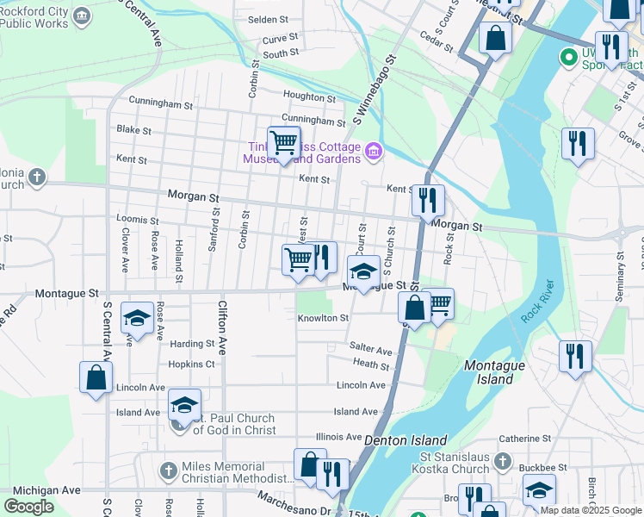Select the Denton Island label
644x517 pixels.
click(395, 439)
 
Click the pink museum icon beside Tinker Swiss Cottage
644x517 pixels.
click(373, 153)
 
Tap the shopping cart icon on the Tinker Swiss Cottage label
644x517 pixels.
click(283, 142)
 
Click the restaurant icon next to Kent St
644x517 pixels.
click(428, 201)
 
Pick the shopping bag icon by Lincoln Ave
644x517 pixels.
click(96, 377)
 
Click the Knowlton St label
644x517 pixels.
click(323, 318)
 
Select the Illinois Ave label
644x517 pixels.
click(339, 437)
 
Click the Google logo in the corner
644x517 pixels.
click(29, 507)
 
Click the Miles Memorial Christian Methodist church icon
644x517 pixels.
click(169, 471)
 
